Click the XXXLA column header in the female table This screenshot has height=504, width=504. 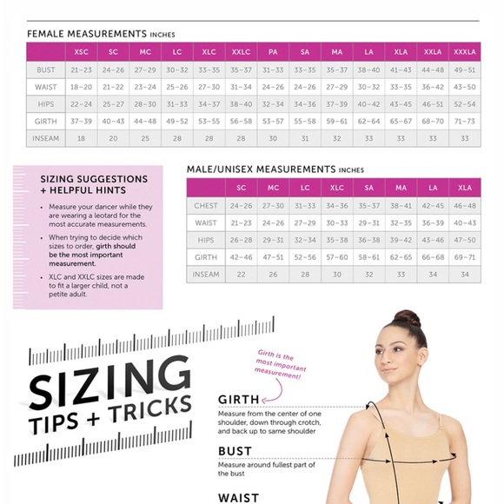click(x=465, y=52)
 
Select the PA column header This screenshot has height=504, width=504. click(x=273, y=52)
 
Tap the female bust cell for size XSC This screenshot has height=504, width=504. click(x=82, y=70)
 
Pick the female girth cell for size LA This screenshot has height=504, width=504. click(x=368, y=121)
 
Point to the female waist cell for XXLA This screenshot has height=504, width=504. click(x=433, y=87)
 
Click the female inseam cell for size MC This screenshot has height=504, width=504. click(x=145, y=138)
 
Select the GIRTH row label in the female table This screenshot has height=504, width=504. click(x=46, y=121)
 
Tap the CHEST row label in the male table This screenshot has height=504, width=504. click(x=206, y=206)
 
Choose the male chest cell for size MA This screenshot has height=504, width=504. click(x=401, y=206)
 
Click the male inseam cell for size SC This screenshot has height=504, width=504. click(x=241, y=275)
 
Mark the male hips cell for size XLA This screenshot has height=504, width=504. click(x=465, y=240)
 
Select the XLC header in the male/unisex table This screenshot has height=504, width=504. click(x=337, y=188)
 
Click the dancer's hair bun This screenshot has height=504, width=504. click(x=408, y=319)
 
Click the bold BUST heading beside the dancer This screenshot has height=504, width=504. click(x=235, y=451)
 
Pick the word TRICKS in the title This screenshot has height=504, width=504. click(x=150, y=409)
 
